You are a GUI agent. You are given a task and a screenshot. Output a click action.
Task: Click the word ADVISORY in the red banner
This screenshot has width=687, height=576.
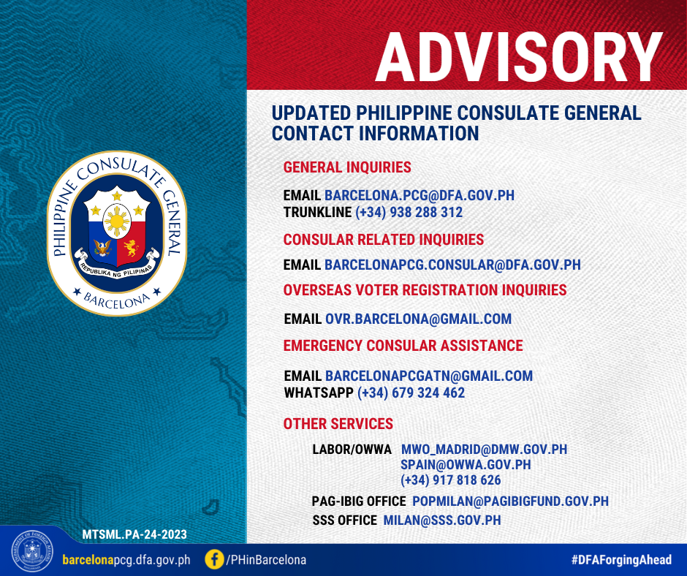coord(519,57)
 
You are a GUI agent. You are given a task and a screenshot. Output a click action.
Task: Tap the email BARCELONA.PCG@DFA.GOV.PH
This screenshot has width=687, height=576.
coord(420,195)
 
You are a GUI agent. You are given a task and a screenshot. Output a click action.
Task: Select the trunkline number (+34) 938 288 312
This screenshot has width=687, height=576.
coord(409,212)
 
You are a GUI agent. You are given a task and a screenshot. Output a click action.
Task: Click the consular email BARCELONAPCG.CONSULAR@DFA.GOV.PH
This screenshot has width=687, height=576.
coord(452,265)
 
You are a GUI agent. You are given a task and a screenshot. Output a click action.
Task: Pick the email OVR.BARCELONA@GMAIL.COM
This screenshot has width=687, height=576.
coord(419,319)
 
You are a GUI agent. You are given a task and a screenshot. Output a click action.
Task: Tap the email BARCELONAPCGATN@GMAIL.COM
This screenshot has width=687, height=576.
coord(429,376)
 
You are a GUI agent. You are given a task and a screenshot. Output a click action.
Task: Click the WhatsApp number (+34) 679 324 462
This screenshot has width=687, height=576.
coord(411,393)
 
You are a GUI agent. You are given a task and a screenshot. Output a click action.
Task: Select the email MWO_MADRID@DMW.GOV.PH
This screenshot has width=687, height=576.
coord(484,450)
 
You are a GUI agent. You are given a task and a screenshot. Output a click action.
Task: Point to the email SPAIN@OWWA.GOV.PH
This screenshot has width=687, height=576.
coord(466,465)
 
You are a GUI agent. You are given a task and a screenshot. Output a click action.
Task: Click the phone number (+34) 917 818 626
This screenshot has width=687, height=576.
coord(451,480)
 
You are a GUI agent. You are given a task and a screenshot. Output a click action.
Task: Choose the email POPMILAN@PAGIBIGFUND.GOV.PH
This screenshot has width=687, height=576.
coord(510,501)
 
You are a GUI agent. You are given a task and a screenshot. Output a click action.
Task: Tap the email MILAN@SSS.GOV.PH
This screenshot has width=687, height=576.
coord(442,520)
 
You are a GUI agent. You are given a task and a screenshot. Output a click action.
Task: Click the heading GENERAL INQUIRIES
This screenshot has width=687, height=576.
coord(347,167)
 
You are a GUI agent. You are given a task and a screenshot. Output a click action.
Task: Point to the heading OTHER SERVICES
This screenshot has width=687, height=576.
coord(338,424)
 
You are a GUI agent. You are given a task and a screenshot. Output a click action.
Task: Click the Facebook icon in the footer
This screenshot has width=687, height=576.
coord(214,559)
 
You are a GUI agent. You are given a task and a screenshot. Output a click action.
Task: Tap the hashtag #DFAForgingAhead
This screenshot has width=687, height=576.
coord(621,559)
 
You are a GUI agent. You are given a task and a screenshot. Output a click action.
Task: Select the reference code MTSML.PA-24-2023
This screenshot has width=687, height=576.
coord(134,534)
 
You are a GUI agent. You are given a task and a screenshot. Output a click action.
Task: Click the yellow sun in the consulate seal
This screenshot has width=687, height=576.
coord(117,221)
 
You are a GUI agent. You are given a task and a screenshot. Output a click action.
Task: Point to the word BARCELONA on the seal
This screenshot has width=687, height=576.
coord(116,300)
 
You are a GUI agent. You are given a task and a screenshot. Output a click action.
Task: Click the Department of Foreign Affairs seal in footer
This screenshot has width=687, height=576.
coord(32,551)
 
